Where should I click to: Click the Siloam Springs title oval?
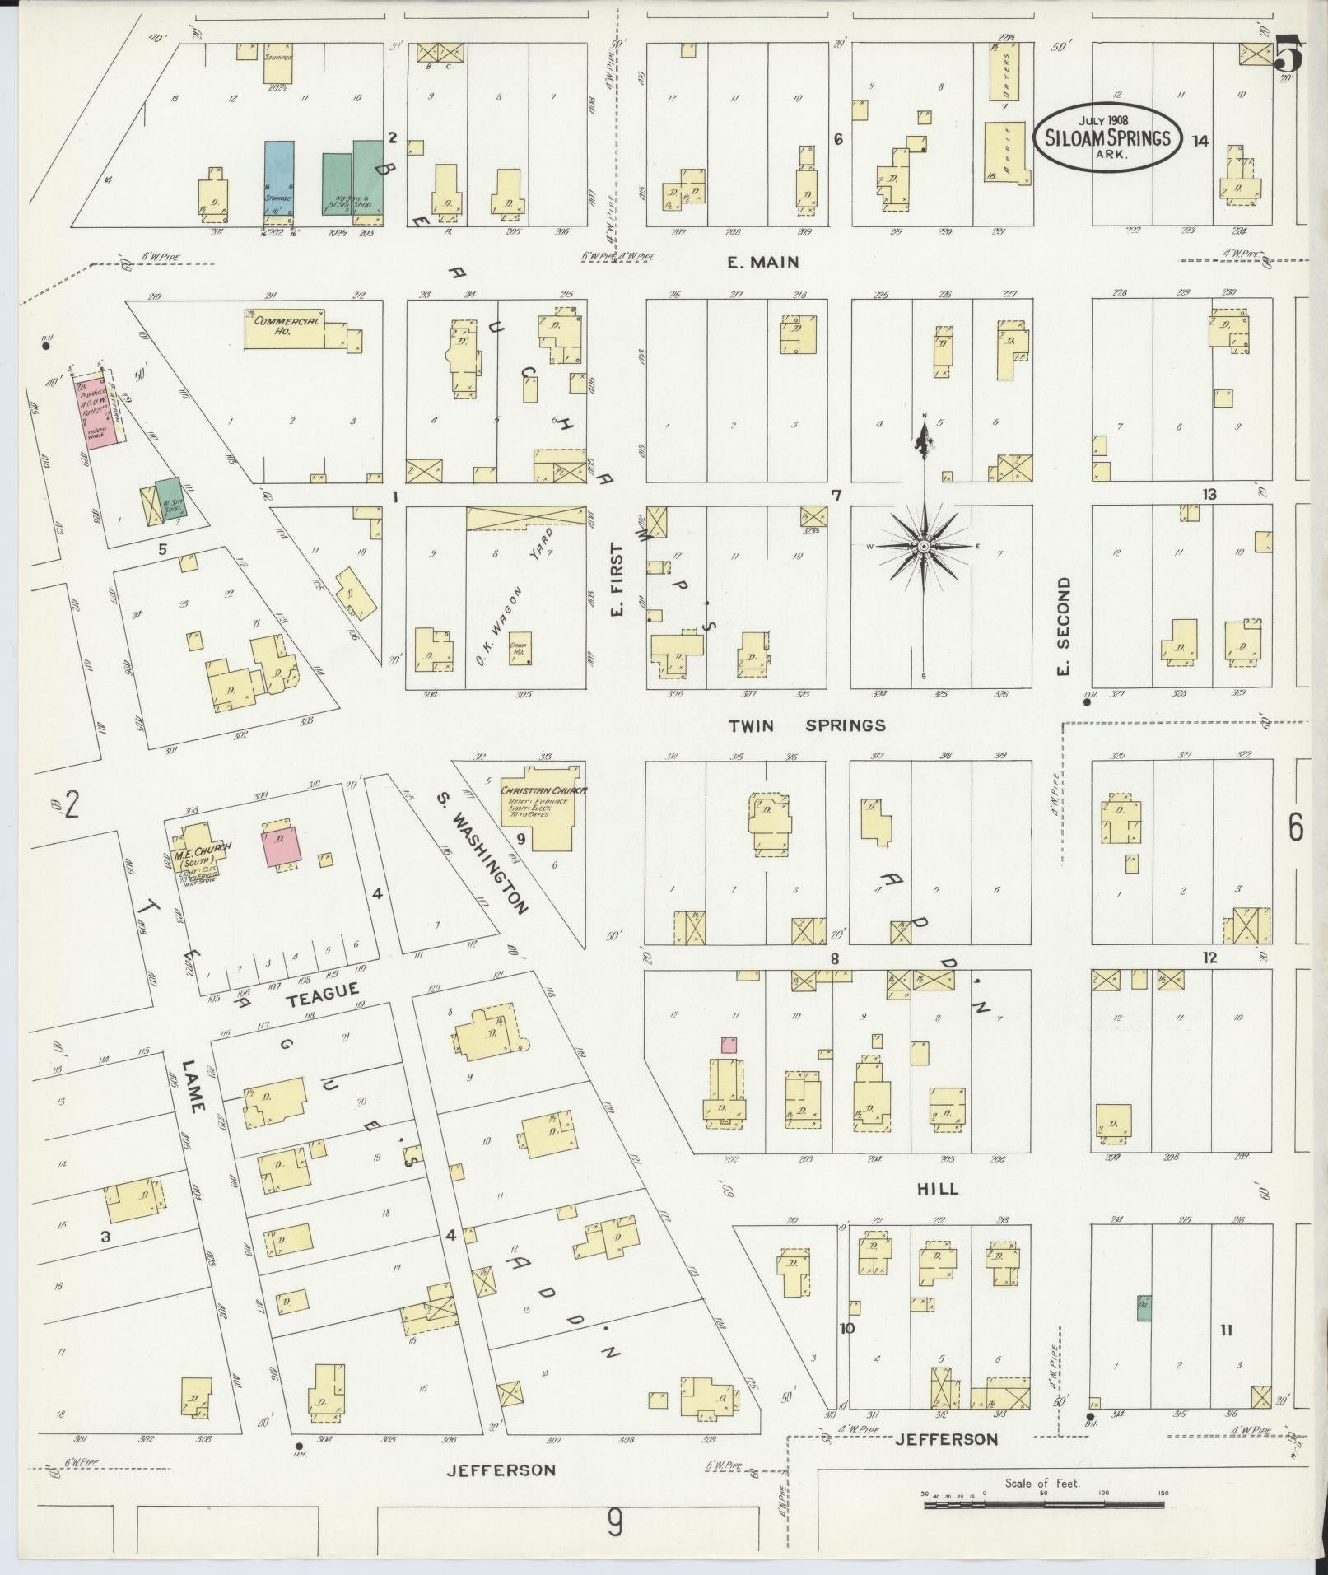pos(1107,137)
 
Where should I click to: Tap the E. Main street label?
pos(762,263)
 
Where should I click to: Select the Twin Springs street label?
pos(807,725)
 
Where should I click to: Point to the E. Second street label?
pos(1064,626)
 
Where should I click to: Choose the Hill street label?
pos(937,1189)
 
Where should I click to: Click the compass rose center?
pos(925,547)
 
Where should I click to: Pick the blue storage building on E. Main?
pos(279,182)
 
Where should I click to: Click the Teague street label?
pos(323,992)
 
